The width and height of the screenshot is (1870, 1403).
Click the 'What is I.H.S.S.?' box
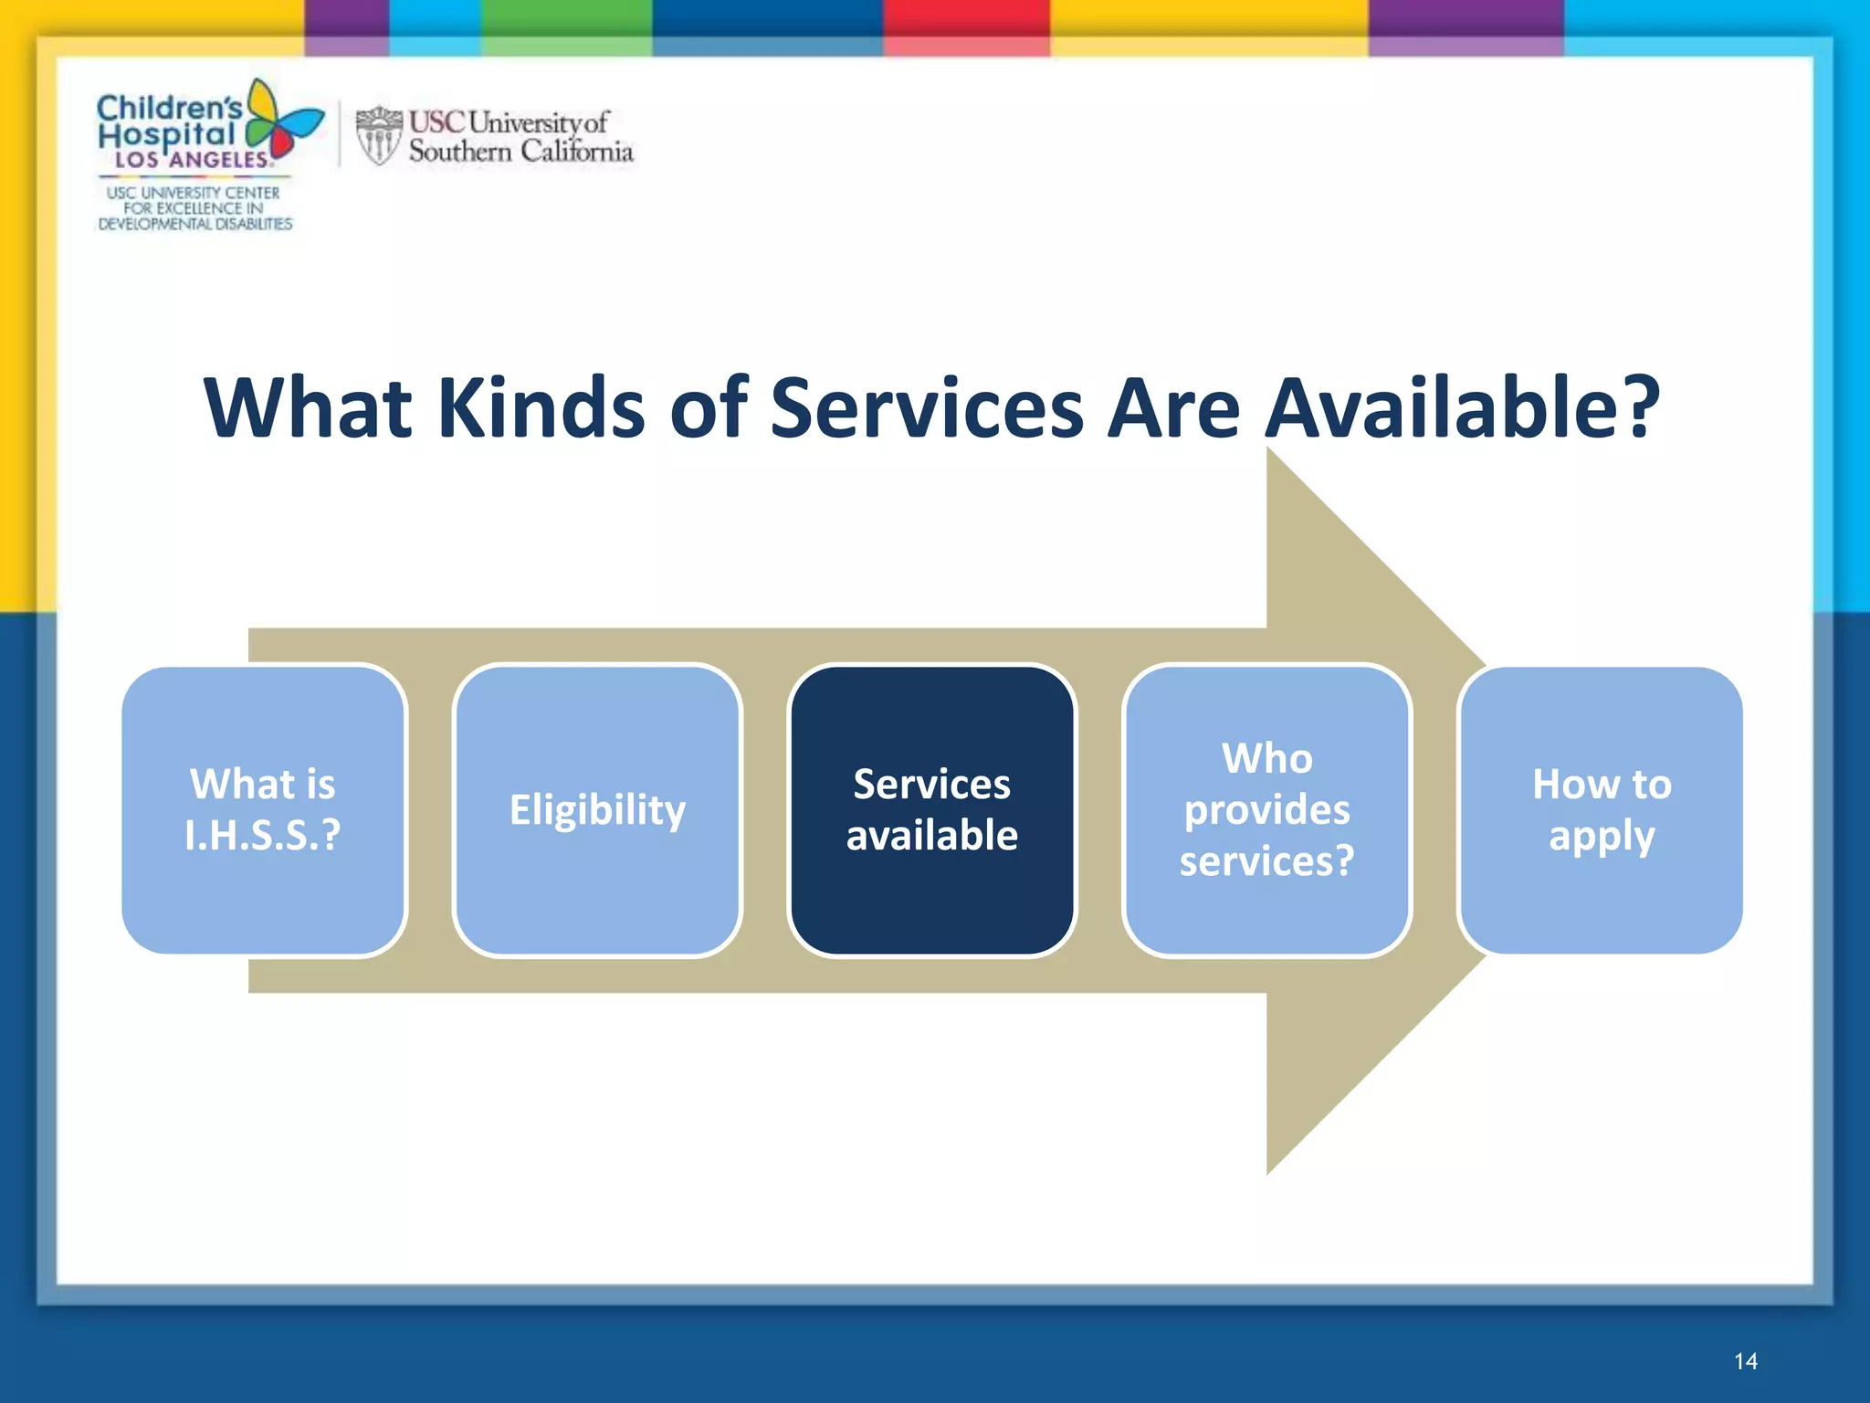[263, 810]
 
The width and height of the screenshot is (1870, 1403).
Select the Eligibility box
[597, 810]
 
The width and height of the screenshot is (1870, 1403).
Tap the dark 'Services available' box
[931, 810]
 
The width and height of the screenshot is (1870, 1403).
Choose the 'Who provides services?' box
[1266, 810]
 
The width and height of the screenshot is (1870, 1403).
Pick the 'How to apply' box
[1602, 810]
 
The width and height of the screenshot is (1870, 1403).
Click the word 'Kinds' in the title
[541, 408]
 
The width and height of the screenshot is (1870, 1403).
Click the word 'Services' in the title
[927, 408]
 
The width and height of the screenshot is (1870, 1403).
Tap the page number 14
[1745, 1362]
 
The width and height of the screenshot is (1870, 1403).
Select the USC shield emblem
[378, 136]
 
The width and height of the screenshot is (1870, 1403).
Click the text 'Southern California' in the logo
[520, 152]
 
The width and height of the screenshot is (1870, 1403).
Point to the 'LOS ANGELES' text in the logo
[192, 160]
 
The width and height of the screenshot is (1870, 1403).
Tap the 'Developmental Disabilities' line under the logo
[195, 224]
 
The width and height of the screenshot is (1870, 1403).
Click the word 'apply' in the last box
[1602, 837]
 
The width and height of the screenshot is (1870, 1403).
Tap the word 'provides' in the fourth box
[1266, 810]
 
